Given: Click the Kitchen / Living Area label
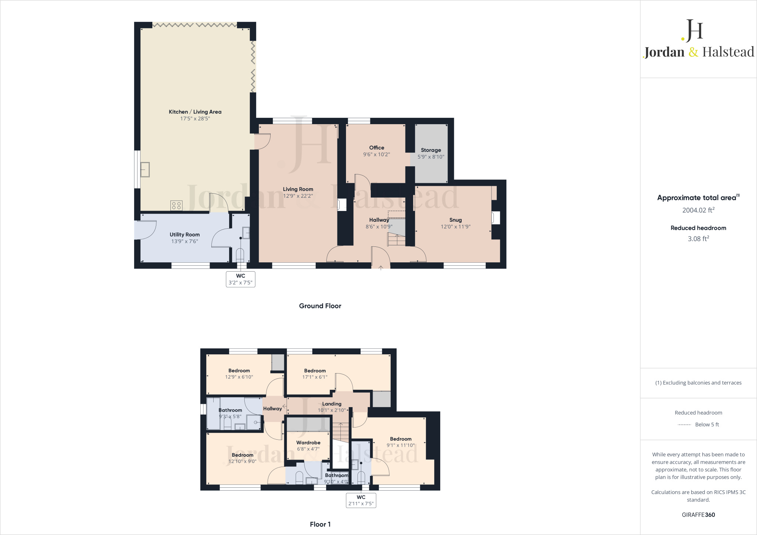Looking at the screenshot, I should point(195,112).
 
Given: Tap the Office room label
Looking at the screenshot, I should point(376,148).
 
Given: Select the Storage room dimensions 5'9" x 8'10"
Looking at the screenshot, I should point(431,157).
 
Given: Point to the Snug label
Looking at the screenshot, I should point(455,220).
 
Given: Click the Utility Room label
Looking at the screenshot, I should point(184,235).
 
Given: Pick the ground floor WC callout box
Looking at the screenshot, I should point(240,279).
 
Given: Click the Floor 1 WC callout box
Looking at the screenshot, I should point(361,500).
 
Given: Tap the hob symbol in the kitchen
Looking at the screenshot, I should point(176,205).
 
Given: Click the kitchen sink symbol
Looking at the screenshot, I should point(145,170).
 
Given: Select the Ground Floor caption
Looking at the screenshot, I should point(320,306).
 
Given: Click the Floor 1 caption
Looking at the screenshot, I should point(320,524).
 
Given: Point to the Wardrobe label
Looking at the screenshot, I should point(308,443).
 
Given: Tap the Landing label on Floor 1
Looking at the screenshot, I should point(332,404).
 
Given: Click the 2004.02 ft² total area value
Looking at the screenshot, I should point(698,210).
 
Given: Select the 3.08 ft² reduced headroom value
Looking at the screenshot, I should point(698,239).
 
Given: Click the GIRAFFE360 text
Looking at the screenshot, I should point(698,515).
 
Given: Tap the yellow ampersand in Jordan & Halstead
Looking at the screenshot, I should point(693,52).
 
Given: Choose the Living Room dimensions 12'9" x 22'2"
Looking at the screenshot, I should point(298,196).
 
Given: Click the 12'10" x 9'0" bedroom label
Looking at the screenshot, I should point(242,458).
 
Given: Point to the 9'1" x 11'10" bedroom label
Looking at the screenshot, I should point(400,442).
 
